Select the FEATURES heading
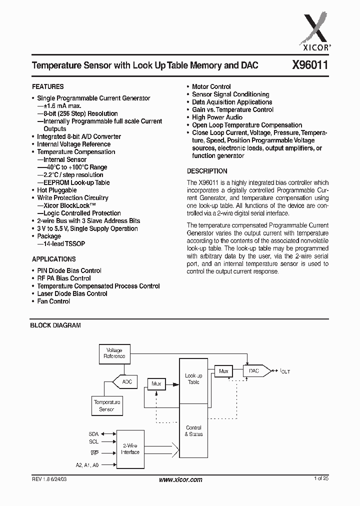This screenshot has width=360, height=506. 48,86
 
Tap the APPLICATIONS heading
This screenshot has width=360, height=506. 54,259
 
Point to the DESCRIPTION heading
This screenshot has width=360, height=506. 207,170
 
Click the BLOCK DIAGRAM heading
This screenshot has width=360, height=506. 55,325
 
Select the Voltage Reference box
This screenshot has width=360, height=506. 114,353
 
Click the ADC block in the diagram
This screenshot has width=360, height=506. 127,381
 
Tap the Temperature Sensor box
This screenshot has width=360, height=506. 107,405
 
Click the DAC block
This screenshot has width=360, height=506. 253,371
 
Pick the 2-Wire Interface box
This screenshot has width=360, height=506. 130,449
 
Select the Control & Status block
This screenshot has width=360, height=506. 193,430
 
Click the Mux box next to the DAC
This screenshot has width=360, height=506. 223,371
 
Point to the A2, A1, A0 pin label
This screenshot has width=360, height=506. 87,464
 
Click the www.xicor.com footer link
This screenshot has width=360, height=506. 180,479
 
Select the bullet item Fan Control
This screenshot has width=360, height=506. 53,301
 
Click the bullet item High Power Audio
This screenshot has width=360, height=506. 217,117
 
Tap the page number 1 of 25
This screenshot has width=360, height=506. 321,479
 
